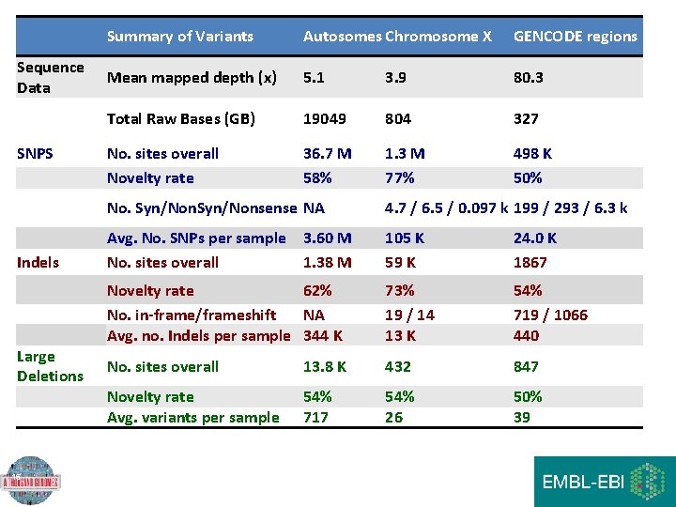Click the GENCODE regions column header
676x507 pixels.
(x=575, y=37)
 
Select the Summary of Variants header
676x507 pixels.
(x=179, y=37)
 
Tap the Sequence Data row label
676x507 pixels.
(x=51, y=77)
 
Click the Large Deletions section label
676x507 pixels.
(x=50, y=366)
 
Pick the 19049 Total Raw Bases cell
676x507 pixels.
(x=324, y=119)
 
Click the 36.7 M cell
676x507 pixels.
(x=327, y=153)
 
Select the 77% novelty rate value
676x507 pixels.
(x=400, y=177)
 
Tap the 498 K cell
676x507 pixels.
(x=532, y=153)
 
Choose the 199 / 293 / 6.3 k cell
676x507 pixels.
(x=570, y=207)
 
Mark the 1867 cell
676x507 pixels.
(x=530, y=262)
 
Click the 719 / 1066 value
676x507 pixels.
(x=550, y=315)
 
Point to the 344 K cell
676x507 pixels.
(x=322, y=334)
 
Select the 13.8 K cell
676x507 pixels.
(x=324, y=366)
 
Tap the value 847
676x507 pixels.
(x=526, y=366)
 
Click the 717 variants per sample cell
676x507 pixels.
(x=315, y=417)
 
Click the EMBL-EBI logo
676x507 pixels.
(x=604, y=481)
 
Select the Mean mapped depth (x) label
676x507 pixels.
(x=192, y=78)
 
